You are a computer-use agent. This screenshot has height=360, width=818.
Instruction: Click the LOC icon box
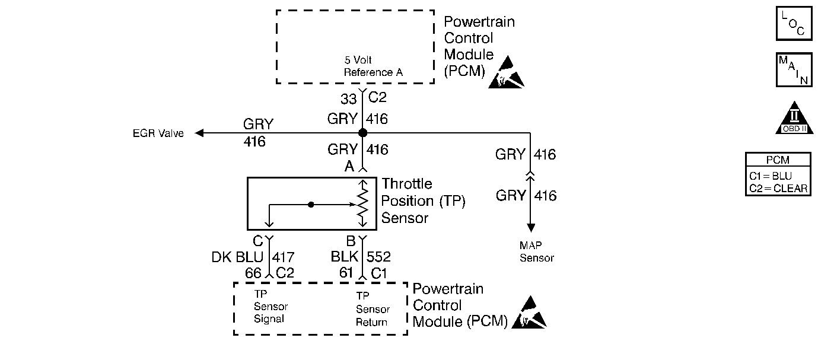pos(794,23)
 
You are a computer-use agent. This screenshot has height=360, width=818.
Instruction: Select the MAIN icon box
pos(794,69)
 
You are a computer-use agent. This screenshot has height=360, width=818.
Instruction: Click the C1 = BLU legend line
pos(771,176)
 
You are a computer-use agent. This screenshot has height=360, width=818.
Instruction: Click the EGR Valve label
pos(158,133)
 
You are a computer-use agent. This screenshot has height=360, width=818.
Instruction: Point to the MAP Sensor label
pos(536,251)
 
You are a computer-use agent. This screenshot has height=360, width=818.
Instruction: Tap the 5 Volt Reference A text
pos(374,66)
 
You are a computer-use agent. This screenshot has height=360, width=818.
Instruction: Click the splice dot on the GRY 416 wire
pos(362,133)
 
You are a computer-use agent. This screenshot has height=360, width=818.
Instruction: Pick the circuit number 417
pos(283,257)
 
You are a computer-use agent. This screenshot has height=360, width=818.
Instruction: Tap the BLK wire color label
pos(345,257)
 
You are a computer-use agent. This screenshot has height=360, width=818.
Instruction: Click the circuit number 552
pos(379,257)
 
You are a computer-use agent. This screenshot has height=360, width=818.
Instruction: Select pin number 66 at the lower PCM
pos(254,273)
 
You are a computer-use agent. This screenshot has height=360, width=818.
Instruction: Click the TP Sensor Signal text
pos(270,307)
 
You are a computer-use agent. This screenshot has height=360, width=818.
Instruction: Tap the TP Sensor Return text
pos(373,308)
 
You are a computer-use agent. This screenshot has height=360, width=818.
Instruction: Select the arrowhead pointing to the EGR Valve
pos(200,133)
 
